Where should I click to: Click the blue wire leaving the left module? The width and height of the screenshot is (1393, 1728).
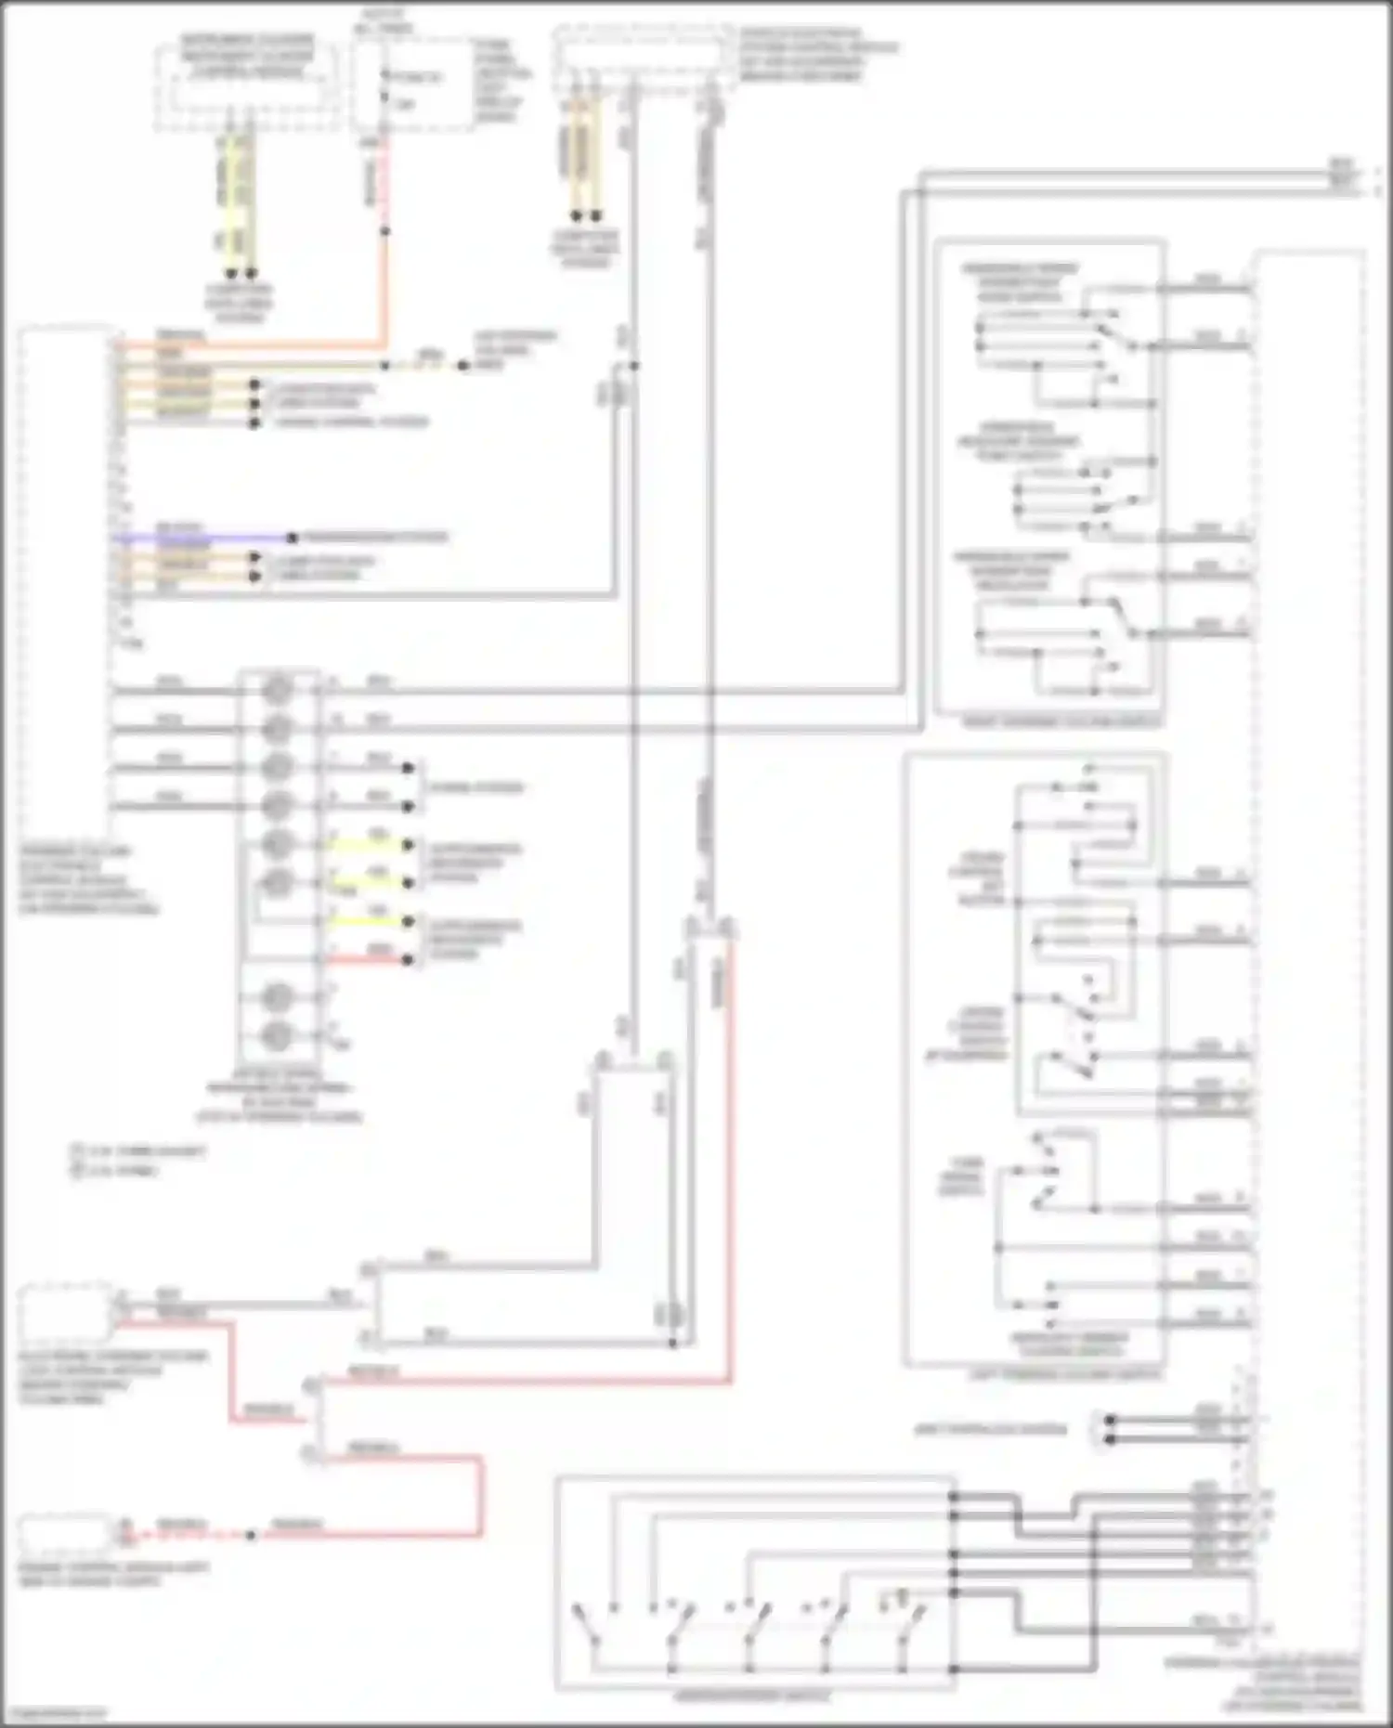[x=204, y=538]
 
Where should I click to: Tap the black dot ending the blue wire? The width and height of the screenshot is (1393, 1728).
[x=292, y=538]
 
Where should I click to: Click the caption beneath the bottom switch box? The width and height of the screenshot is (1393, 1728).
[x=752, y=1696]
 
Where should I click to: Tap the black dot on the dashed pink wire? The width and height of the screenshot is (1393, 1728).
[x=251, y=1535]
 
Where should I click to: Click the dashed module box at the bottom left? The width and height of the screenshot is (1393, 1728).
[x=65, y=1532]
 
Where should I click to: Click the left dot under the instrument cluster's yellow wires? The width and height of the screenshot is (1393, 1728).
[x=231, y=274]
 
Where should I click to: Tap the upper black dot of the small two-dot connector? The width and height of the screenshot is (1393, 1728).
[x=1110, y=1420]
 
